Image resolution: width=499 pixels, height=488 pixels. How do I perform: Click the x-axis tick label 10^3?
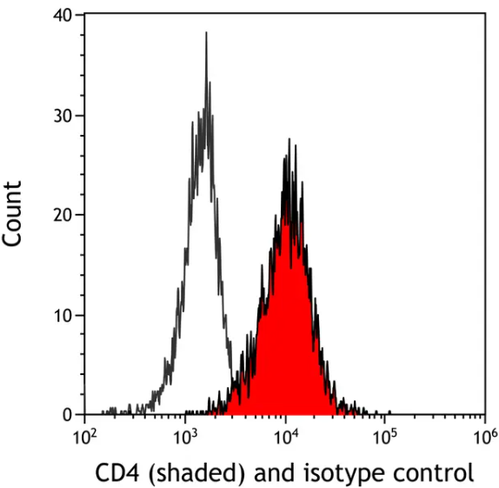tap(185, 435)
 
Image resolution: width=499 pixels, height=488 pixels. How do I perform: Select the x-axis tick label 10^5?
tap(386, 435)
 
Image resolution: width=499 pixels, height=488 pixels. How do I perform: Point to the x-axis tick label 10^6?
tap(486, 435)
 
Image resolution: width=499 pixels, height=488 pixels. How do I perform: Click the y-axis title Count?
tap(14, 214)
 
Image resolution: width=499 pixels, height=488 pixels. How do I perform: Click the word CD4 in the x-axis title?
tap(115, 473)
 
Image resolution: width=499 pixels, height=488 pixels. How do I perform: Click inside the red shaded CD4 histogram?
tap(287, 331)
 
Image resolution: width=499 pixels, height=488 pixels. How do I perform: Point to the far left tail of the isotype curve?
tap(104, 412)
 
